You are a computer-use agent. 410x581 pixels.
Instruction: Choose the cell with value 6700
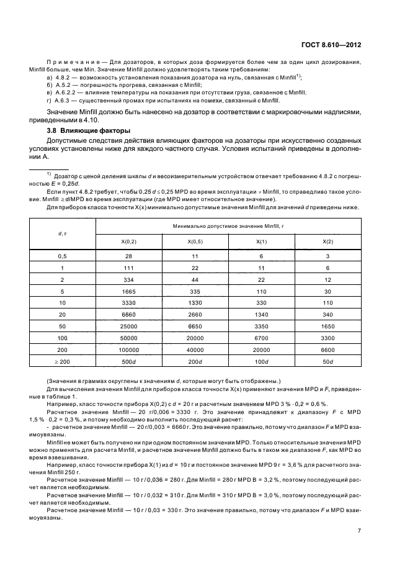(x=261, y=338)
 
